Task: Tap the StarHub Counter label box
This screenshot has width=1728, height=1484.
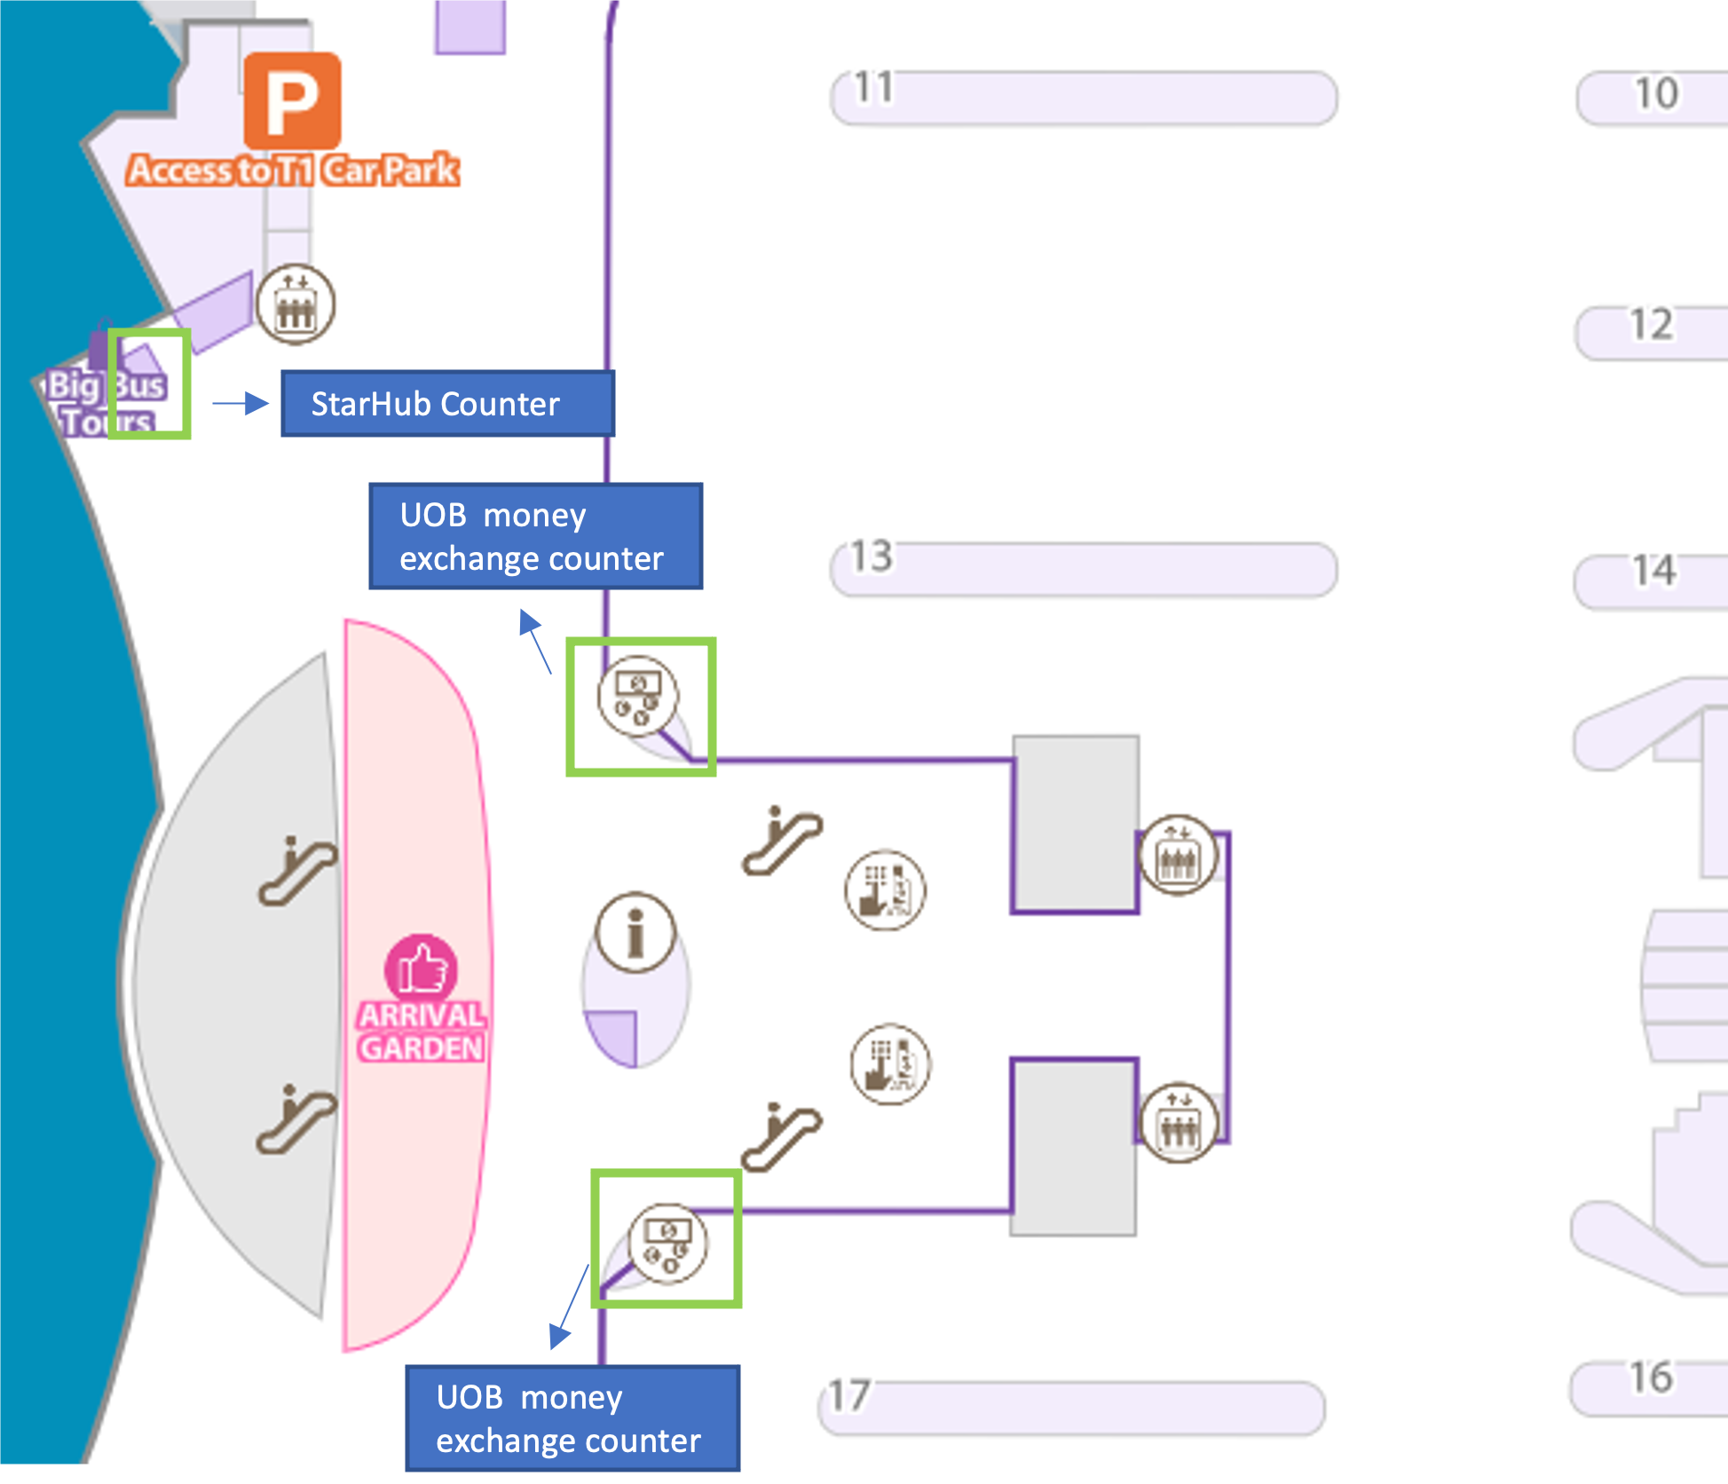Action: pos(447,404)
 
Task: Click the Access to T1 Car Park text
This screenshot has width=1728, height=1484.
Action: pos(293,170)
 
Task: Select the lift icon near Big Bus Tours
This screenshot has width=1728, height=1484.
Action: pos(296,304)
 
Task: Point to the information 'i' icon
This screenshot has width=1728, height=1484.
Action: pos(635,932)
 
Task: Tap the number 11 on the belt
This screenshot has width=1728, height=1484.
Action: pos(873,87)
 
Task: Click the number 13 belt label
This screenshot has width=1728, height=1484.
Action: pos(872,556)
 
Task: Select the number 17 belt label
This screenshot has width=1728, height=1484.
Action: pos(849,1395)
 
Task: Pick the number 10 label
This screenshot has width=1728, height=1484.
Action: pos(1656,93)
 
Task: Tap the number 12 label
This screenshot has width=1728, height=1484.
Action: pos(1652,325)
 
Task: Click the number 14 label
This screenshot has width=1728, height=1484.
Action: pos(1654,571)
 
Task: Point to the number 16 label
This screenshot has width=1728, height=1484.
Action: pos(1651,1377)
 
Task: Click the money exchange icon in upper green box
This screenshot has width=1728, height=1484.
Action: pos(637,695)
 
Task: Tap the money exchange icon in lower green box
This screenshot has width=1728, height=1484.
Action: pos(668,1243)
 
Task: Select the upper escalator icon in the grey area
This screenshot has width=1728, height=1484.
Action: pos(297,871)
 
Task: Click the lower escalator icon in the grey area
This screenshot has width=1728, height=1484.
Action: pos(296,1119)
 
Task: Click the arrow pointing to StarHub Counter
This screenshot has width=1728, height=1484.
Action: pos(241,404)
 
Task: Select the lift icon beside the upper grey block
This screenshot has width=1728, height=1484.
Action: pos(1178,855)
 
